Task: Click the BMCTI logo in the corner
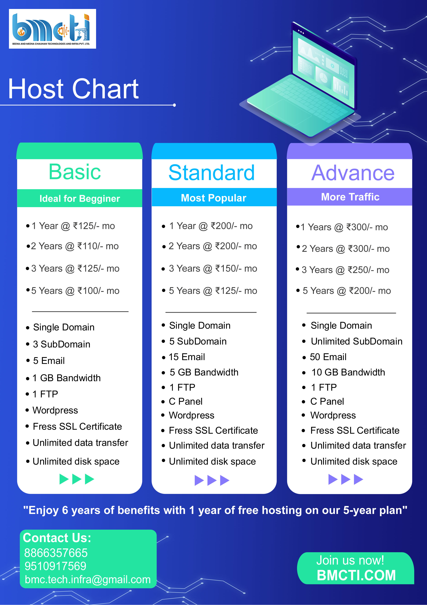(52, 29)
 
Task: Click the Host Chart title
(73, 89)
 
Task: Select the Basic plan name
(75, 172)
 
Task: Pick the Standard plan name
(212, 173)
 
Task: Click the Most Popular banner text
(214, 198)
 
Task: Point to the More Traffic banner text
(350, 197)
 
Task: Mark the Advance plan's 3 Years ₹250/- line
(345, 270)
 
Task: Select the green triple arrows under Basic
(77, 479)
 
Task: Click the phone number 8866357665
(56, 553)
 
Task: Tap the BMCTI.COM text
(356, 575)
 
